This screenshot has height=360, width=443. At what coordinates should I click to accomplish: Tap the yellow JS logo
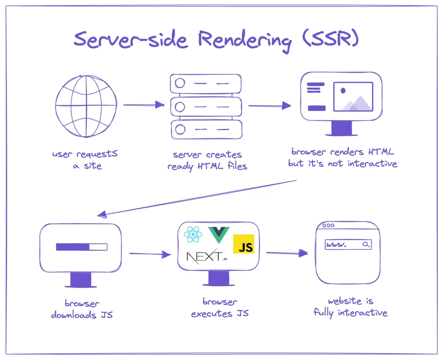tap(244, 244)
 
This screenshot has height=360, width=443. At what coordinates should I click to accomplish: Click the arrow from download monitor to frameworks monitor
tap(150, 254)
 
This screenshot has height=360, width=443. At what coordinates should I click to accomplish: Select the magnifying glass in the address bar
tap(365, 244)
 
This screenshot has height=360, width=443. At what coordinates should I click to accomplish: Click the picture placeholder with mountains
tap(353, 96)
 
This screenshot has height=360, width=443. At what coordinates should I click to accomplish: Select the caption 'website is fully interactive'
tap(351, 307)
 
